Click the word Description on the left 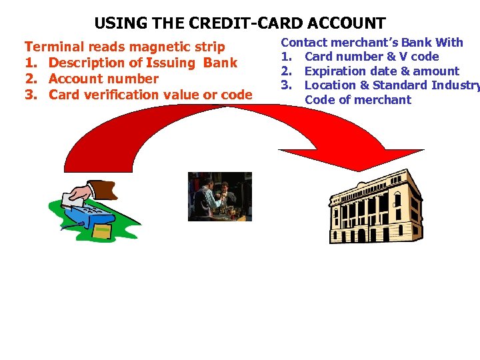pos(87,63)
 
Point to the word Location pos(330,85)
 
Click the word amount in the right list pos(435,71)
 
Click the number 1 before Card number pos(285,57)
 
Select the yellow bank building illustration pos(376,207)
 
